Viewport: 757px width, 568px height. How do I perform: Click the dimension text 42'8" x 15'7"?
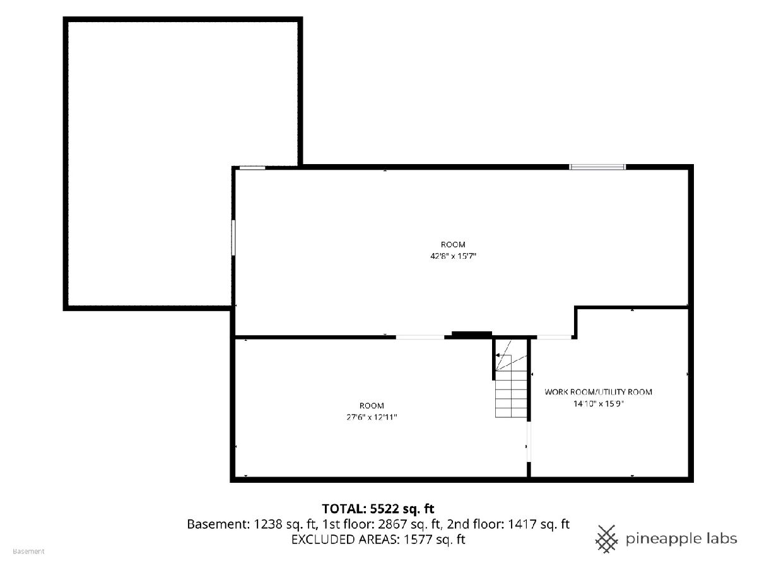[x=453, y=256]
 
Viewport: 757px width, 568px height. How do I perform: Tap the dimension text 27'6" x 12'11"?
[x=372, y=417]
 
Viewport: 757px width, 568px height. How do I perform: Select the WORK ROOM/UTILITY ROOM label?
[x=598, y=392]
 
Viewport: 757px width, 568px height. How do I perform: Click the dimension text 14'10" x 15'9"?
[x=599, y=403]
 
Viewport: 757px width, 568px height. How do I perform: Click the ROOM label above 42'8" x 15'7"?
[x=453, y=244]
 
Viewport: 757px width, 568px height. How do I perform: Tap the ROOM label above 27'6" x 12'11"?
[x=372, y=406]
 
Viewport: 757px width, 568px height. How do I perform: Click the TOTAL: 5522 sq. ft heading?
[x=378, y=509]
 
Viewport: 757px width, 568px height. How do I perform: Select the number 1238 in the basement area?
[x=268, y=524]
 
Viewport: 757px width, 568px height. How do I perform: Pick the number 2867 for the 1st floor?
[x=392, y=524]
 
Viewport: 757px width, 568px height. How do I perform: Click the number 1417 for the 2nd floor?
[x=522, y=524]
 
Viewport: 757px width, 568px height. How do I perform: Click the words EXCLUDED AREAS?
[x=345, y=540]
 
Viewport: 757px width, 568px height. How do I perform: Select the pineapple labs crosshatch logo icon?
[x=606, y=539]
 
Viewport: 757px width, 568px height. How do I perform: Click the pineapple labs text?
[x=681, y=540]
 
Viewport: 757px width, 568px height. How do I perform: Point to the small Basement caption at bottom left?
[x=28, y=552]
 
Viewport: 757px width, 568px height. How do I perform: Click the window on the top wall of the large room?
[x=597, y=167]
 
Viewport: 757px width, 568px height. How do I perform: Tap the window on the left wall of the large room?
[x=233, y=238]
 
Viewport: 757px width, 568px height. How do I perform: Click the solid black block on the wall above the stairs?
[x=471, y=334]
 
